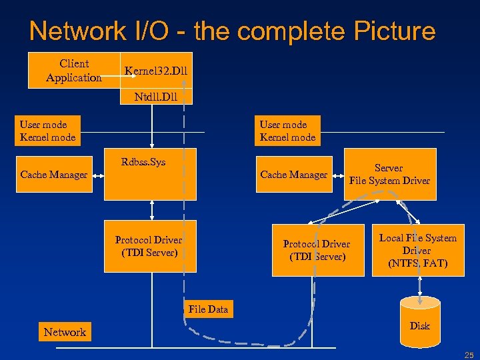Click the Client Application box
click(x=74, y=70)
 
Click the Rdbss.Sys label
click(x=143, y=161)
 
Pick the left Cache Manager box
click(x=54, y=175)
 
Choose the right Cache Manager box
click(x=294, y=175)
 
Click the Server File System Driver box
click(x=390, y=175)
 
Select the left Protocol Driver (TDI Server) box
click(x=149, y=247)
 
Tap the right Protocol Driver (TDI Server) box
click(x=316, y=250)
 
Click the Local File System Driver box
click(x=418, y=250)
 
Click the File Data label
click(x=208, y=309)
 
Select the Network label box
click(x=65, y=332)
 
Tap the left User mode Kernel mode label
click(x=47, y=131)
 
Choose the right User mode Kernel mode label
click(x=287, y=131)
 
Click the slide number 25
click(x=469, y=354)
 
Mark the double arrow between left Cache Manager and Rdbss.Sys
click(x=98, y=175)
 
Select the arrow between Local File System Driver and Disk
click(x=419, y=285)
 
